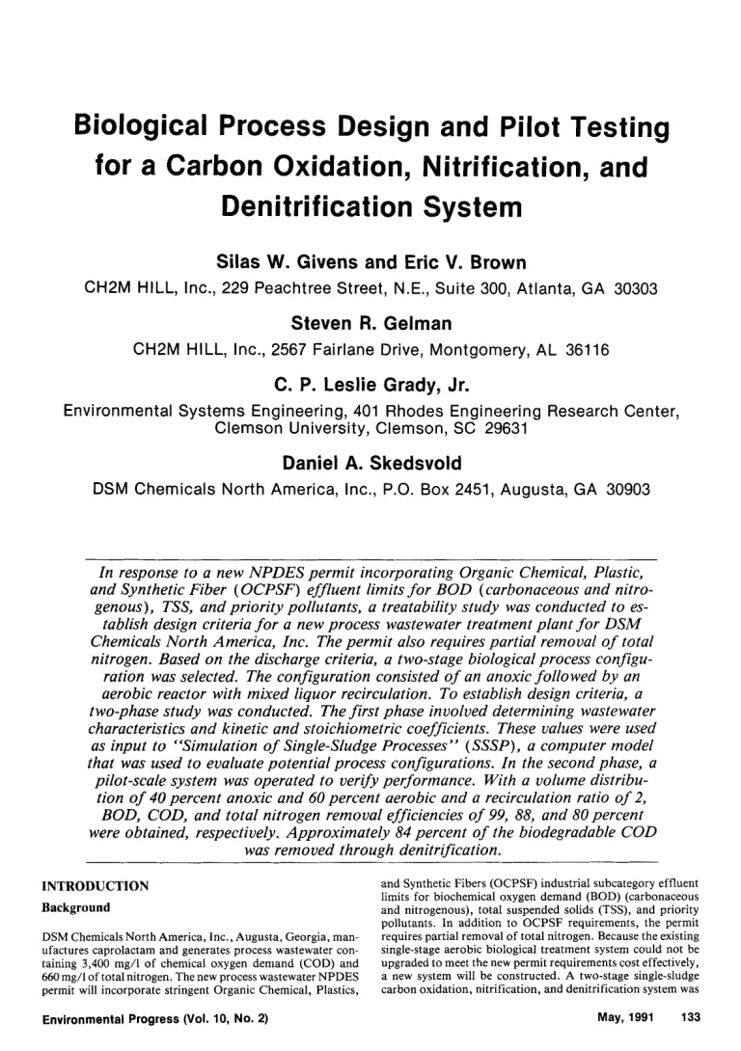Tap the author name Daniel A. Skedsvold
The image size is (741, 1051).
pyautogui.click(x=370, y=463)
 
